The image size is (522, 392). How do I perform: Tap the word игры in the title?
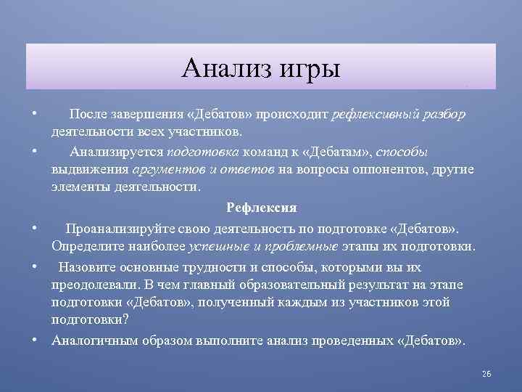305,69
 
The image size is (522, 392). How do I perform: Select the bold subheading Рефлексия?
261,208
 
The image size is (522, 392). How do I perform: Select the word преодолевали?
93,283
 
